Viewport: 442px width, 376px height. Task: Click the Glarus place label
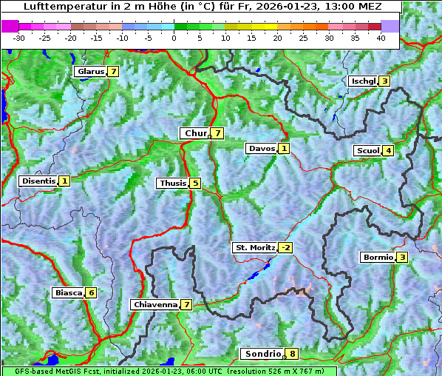(89, 72)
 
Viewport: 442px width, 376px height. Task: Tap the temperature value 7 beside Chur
(217, 133)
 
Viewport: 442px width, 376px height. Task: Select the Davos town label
(261, 149)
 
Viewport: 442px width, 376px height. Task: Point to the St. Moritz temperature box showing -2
(285, 248)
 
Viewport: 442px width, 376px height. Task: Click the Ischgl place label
(363, 81)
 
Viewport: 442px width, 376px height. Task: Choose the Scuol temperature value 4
(388, 151)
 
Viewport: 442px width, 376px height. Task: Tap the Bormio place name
(377, 258)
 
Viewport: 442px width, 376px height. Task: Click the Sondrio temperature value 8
(293, 354)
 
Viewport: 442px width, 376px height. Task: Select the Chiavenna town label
(154, 304)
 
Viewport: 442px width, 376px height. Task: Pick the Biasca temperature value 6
(91, 293)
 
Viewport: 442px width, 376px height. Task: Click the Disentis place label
(38, 181)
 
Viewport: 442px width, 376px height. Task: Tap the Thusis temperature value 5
(194, 183)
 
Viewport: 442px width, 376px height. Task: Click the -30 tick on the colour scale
(18, 37)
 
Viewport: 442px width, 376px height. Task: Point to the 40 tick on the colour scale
(381, 37)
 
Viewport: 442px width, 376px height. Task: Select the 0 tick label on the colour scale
(174, 37)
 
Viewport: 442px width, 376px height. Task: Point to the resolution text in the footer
(281, 371)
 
